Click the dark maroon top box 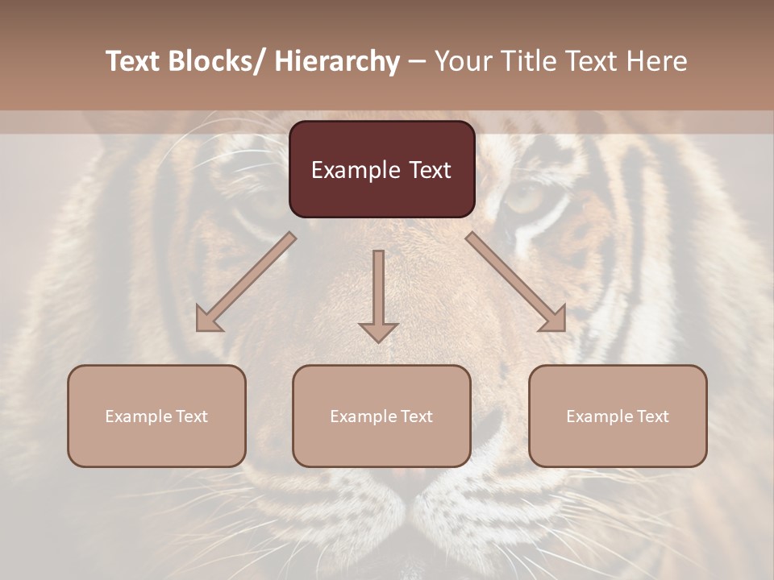point(381,169)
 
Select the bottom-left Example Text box point(156,416)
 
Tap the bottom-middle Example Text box point(381,416)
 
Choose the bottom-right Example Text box point(618,416)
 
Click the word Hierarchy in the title point(336,62)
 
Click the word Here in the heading point(655,62)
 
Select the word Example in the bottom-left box point(138,416)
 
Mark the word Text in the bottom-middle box point(414,416)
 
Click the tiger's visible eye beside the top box point(525,196)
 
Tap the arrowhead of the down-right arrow point(554,319)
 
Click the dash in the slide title point(417,62)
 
